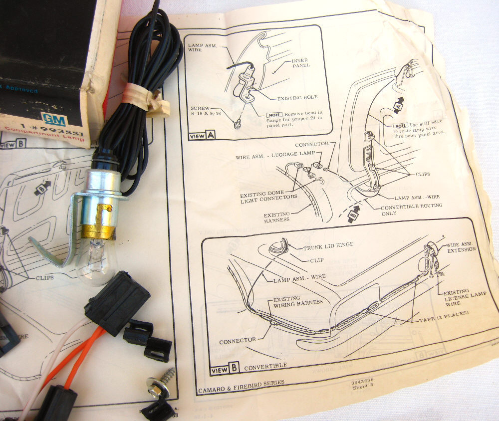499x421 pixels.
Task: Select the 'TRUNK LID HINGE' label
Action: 335,244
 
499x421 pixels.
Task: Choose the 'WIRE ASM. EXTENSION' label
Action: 460,247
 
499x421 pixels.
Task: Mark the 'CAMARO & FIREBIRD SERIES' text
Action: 241,383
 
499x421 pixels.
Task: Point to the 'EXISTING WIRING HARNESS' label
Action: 298,301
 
